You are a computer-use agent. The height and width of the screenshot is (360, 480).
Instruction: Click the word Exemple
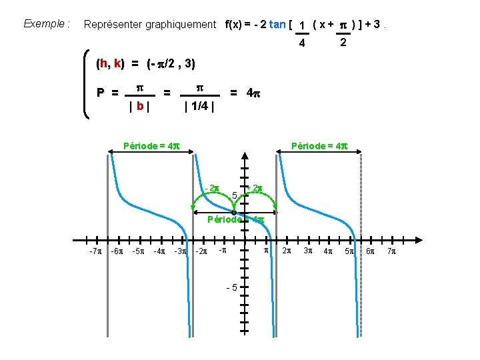tap(45, 24)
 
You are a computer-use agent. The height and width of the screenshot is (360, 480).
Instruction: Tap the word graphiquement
tap(179, 25)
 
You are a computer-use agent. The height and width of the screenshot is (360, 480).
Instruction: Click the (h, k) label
tap(109, 64)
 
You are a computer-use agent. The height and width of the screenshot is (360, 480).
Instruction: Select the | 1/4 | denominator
tap(199, 106)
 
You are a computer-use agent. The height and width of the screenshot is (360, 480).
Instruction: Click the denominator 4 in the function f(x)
tap(302, 43)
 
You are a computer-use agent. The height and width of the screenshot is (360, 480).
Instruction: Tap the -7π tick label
tap(95, 251)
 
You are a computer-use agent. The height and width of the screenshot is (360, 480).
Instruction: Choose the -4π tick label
tap(159, 251)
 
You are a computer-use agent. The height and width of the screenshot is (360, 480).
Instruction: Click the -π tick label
tap(223, 251)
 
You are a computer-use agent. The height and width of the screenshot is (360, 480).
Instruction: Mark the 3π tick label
tap(308, 251)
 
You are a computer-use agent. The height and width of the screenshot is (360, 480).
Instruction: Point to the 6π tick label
tap(371, 251)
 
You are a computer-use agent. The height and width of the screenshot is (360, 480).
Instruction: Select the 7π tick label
tap(391, 251)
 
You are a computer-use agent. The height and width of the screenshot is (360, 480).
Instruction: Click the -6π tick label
tap(116, 251)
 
